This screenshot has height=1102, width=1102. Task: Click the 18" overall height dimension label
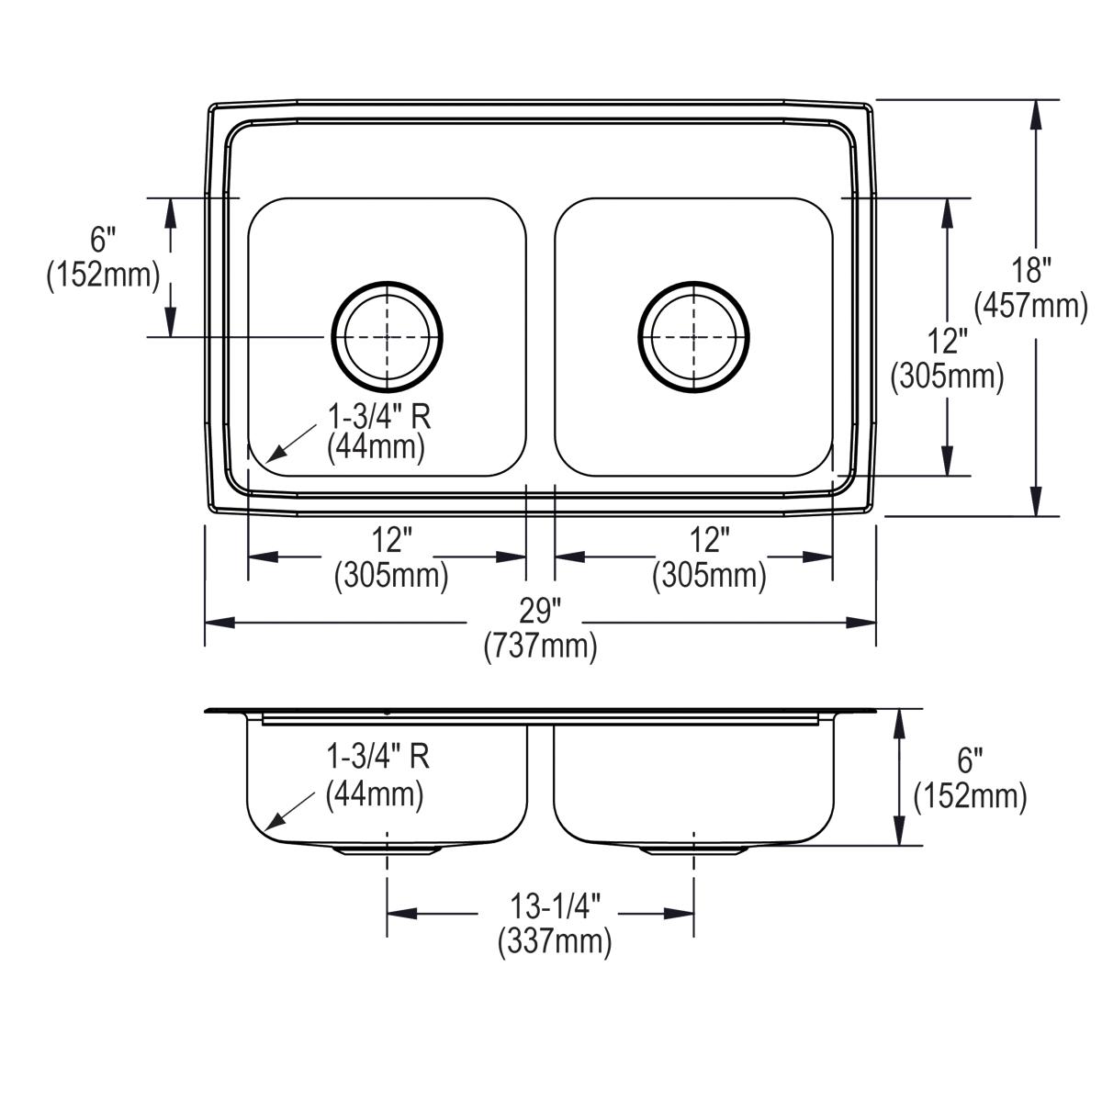coord(1032,271)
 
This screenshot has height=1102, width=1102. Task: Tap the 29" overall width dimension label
coord(539,611)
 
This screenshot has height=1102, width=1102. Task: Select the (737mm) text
coord(540,647)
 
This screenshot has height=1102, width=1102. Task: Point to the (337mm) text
coord(555,942)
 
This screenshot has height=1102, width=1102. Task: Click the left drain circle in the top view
coord(388,337)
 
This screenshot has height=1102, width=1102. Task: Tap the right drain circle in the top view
coord(693,337)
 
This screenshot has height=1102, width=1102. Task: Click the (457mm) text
coord(1030,307)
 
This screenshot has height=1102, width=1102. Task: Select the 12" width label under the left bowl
coord(392,540)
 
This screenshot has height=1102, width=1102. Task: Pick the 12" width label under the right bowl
coord(710,540)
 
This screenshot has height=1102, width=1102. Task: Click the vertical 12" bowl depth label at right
coord(947,342)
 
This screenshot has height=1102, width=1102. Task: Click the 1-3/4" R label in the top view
coord(378,416)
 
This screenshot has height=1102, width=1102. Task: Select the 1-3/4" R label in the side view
coord(377,757)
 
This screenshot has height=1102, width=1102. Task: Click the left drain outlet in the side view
coord(388,851)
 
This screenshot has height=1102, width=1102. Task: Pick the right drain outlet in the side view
coord(693,851)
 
